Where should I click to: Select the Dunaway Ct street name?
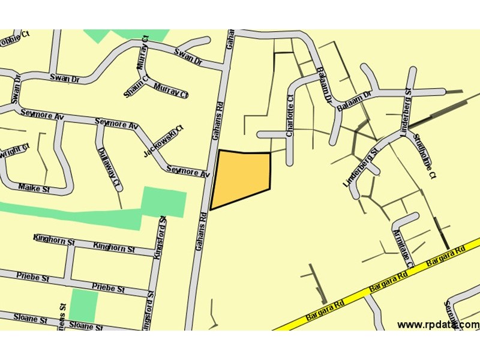(110, 166)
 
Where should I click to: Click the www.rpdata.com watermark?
(438, 325)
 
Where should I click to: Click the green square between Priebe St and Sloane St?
(83, 305)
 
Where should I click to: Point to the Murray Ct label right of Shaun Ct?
(171, 91)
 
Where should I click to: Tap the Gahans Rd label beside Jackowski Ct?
(217, 123)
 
